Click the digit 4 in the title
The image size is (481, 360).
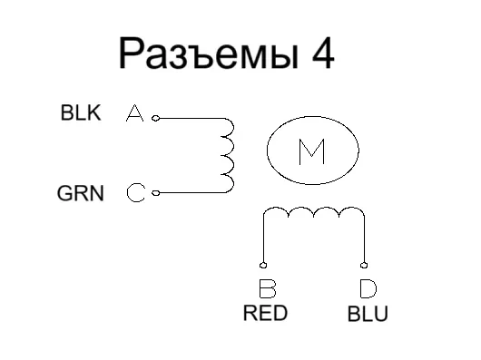pos(319,54)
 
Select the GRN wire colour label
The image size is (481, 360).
pos(80,192)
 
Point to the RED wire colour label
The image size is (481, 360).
pos(265,314)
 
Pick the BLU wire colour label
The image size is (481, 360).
pos(368,315)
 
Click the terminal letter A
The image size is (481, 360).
pos(134,114)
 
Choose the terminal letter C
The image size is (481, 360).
pos(135,192)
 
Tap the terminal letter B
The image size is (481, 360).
pos(267,290)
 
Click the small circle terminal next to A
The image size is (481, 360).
pos(155,118)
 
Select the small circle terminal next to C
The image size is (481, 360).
pos(155,192)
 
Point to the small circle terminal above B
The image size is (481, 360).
pos(263,265)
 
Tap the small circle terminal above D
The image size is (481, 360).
pos(364,265)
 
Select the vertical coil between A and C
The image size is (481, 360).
pos(228,155)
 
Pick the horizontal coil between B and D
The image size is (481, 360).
pos(313,214)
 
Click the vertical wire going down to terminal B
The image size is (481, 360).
pos(263,240)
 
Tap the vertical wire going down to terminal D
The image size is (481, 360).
pos(364,240)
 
